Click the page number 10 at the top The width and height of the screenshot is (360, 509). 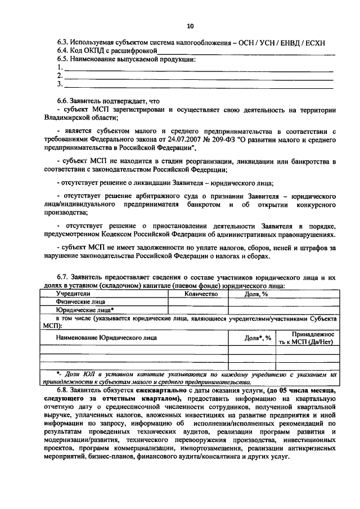(x=190, y=26)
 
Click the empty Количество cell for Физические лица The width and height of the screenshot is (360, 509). (x=198, y=301)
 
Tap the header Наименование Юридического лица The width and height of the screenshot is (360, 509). (x=106, y=337)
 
